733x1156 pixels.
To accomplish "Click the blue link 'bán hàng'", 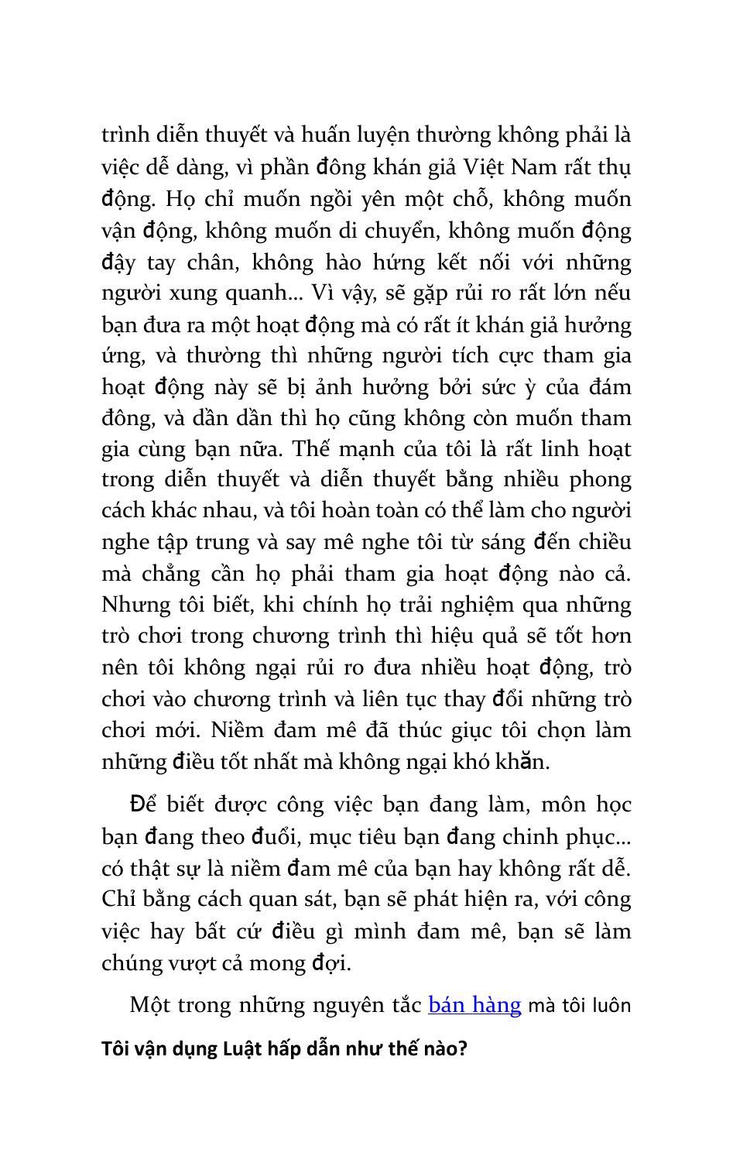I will (x=474, y=1005).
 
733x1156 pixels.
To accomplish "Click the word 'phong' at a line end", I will (x=601, y=481).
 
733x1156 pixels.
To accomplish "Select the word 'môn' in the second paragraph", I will (x=565, y=805).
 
